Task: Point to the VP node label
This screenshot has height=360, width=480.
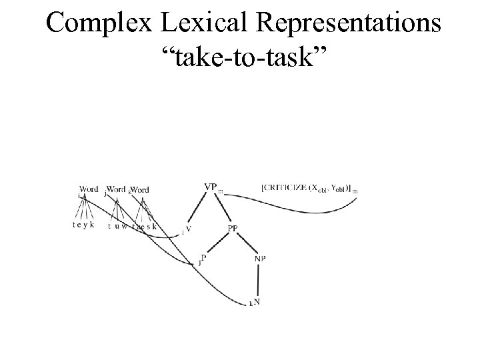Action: pyautogui.click(x=211, y=187)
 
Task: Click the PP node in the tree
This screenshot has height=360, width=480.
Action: pyautogui.click(x=233, y=229)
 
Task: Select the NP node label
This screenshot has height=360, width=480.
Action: pyautogui.click(x=259, y=258)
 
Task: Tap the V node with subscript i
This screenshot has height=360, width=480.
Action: pyautogui.click(x=188, y=230)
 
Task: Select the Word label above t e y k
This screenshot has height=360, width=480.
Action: pyautogui.click(x=89, y=189)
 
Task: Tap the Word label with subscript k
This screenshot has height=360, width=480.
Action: pyautogui.click(x=140, y=190)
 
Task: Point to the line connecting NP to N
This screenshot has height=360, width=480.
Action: pyautogui.click(x=258, y=280)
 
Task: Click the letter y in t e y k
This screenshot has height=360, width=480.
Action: pyautogui.click(x=85, y=225)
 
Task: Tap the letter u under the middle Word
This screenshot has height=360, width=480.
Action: pyautogui.click(x=117, y=225)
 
